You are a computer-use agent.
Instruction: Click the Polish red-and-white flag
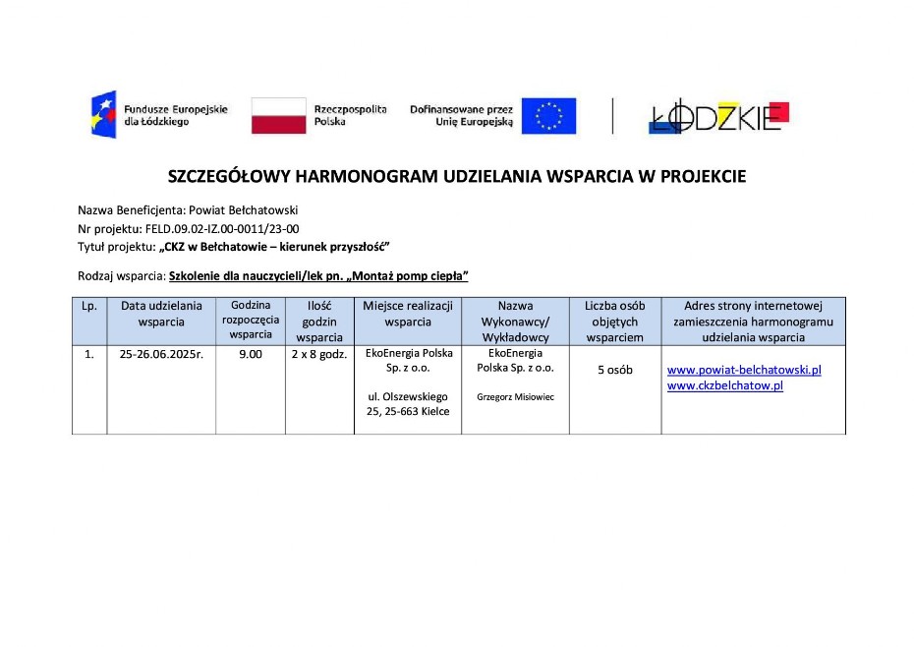[279, 115]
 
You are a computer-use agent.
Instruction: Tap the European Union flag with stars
[548, 116]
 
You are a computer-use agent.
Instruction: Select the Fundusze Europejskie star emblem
[103, 114]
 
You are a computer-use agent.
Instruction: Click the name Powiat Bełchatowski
[250, 210]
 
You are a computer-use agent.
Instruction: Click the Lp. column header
[89, 306]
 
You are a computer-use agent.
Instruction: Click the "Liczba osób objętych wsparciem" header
[614, 321]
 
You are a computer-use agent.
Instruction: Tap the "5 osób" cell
[615, 371]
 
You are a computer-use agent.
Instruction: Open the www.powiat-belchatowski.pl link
[744, 370]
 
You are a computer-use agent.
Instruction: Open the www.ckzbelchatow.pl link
[724, 385]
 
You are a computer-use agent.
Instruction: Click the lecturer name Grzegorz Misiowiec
[515, 398]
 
